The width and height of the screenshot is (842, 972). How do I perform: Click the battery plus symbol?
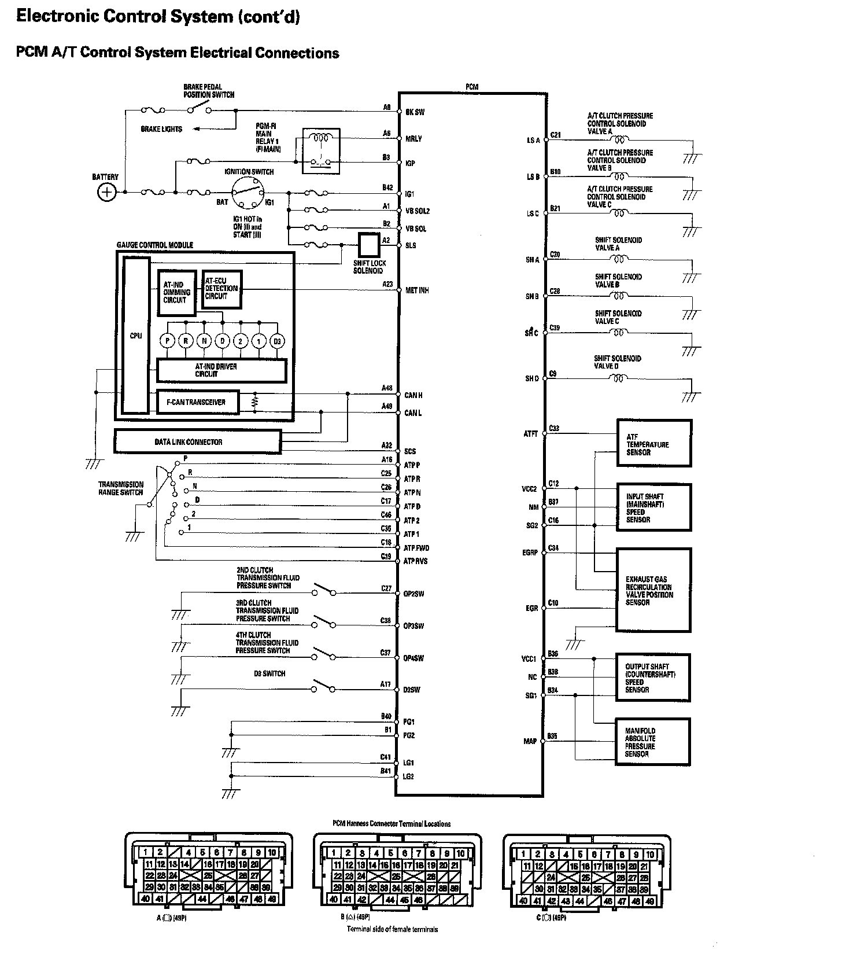tap(106, 192)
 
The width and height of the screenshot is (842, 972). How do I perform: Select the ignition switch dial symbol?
tap(248, 192)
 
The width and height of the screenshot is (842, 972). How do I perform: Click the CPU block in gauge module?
tap(136, 336)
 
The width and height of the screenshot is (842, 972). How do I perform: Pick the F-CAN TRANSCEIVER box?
tap(198, 402)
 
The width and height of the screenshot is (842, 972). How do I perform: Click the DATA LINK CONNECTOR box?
tap(198, 442)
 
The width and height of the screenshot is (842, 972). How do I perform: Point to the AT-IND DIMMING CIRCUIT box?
tap(176, 292)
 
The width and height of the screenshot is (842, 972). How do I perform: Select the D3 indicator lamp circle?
tap(277, 341)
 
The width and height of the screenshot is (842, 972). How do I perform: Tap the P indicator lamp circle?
tap(168, 341)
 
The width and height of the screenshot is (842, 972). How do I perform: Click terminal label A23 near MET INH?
tap(387, 284)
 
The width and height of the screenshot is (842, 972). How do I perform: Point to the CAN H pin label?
tap(413, 395)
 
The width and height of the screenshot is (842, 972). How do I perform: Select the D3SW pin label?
tap(412, 690)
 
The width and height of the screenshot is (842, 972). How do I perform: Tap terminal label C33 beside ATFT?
tap(554, 428)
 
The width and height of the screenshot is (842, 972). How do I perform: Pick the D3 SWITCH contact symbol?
tap(324, 687)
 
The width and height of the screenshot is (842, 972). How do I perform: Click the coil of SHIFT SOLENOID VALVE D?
tap(619, 379)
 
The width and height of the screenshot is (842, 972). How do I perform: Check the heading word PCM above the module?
tap(472, 87)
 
